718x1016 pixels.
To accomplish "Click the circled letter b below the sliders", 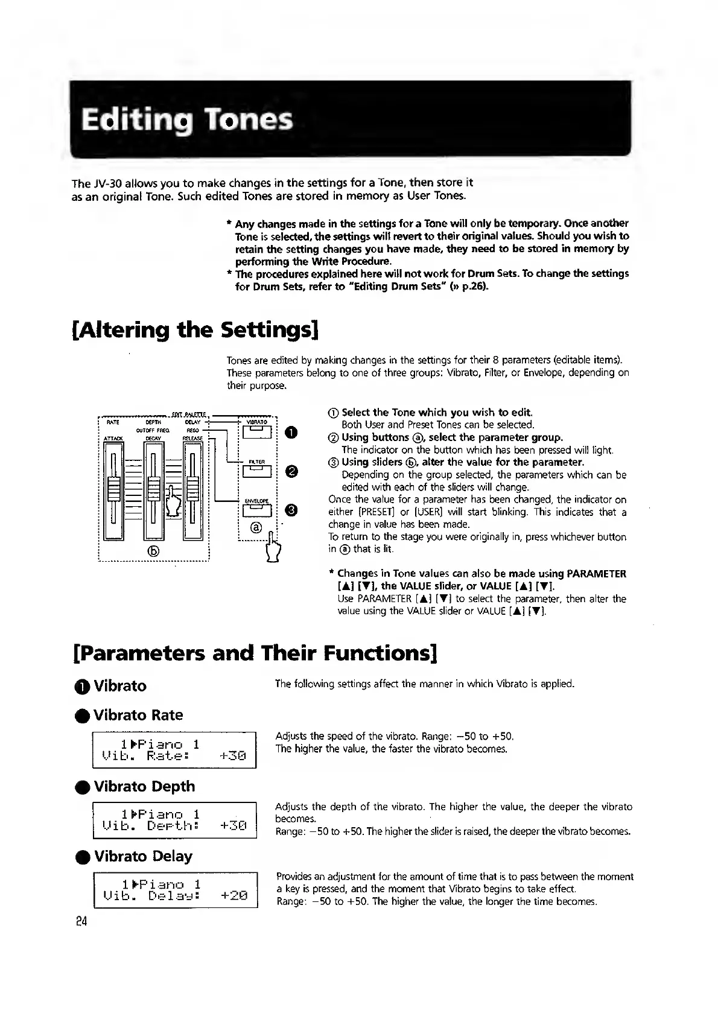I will (x=153, y=550).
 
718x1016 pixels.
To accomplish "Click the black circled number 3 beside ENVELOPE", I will (x=291, y=511).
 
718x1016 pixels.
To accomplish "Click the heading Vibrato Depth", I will (x=144, y=786).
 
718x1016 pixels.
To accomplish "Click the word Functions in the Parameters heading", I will (x=380, y=653).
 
